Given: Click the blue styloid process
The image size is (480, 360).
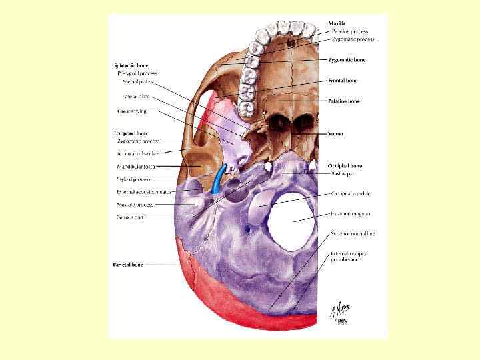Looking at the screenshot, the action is (217, 180).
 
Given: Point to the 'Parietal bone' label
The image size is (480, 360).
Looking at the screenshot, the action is (128, 265).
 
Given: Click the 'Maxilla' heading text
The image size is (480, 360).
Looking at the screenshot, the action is (338, 23).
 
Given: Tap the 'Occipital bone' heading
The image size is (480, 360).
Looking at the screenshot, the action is (345, 165).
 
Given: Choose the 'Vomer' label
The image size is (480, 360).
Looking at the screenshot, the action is (336, 133).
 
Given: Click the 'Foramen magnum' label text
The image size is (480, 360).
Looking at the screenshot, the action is (351, 214).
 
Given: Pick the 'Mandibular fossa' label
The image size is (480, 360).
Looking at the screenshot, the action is (136, 166).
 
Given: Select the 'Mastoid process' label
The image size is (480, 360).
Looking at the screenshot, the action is (135, 205).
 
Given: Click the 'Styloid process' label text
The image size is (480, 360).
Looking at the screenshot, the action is (134, 179).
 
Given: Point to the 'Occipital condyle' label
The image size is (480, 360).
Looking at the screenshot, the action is (351, 194).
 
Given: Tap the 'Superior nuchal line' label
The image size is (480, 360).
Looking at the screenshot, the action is (353, 234).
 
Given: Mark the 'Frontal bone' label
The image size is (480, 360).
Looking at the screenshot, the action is (343, 80).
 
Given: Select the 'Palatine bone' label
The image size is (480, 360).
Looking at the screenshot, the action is (345, 101).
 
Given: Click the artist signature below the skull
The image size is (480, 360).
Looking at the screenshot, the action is (337, 312).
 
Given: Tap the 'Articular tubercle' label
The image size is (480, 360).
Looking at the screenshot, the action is (137, 153).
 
